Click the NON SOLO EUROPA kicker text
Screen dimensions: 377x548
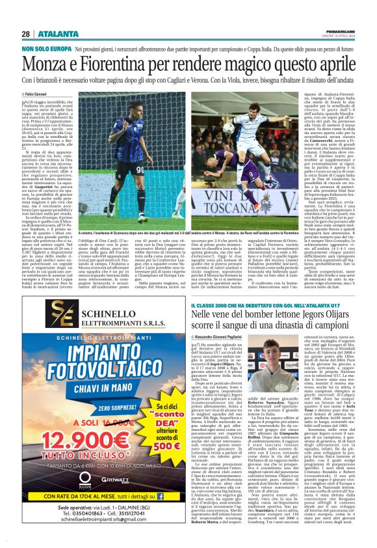(45, 49)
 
